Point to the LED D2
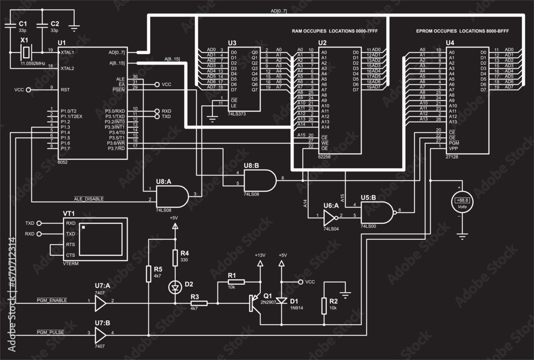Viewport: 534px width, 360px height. coord(174,287)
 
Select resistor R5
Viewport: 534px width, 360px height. coord(148,274)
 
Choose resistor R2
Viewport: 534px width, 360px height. coord(324,307)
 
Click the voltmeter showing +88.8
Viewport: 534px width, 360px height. coord(462,201)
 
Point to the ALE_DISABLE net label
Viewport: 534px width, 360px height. coord(89,198)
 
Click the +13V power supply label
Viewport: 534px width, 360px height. coord(260,255)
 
